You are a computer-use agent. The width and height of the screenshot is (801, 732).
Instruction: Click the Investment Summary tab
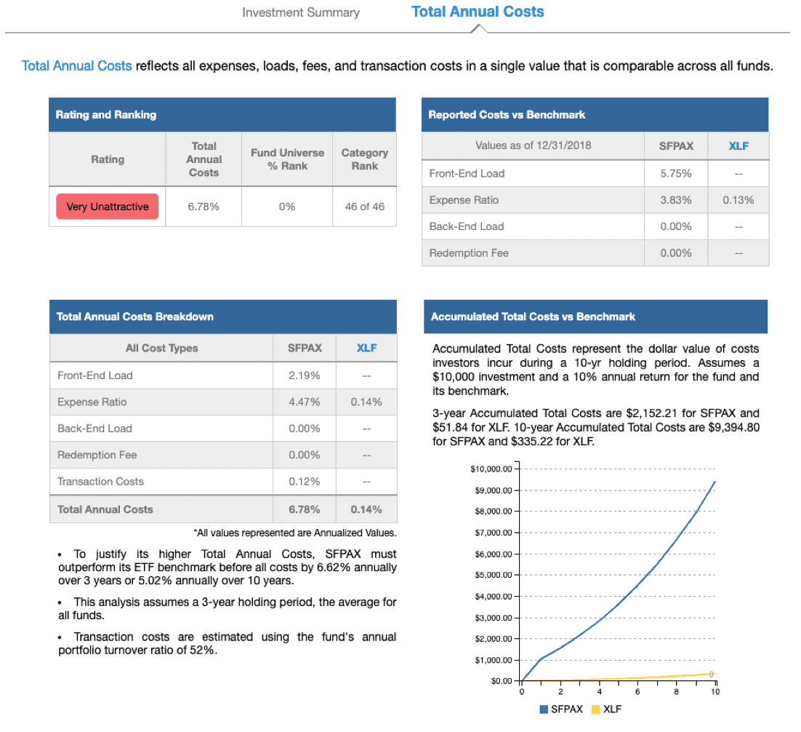pos(301,12)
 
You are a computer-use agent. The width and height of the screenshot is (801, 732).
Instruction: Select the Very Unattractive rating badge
pos(108,207)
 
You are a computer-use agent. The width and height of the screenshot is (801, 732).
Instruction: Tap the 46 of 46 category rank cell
pos(365,207)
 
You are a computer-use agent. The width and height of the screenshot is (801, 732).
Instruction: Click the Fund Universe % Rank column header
pos(287,159)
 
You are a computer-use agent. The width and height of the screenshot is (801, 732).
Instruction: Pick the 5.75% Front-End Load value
pos(676,173)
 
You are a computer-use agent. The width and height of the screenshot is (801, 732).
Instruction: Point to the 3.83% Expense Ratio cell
pos(676,200)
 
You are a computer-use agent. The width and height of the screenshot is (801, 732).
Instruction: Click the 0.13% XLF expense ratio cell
pos(738,200)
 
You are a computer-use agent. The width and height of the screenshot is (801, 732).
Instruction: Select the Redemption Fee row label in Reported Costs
pos(469,253)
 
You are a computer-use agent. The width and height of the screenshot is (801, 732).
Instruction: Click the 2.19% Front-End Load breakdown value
pos(305,375)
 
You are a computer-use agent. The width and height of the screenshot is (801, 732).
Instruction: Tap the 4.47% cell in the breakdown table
pos(305,402)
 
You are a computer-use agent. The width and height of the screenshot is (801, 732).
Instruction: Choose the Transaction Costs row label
pos(100,482)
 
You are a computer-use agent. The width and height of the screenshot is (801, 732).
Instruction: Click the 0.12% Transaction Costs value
pos(305,482)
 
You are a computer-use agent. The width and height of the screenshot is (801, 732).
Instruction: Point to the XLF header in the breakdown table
pos(367,348)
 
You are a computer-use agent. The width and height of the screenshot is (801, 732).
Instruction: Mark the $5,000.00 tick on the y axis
pos(516,575)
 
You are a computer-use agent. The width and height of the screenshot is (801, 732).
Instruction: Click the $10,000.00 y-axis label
pos(491,469)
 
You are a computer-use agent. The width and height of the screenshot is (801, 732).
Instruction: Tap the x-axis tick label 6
pos(637,691)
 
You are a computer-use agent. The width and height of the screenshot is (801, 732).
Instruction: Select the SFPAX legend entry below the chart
pos(561,709)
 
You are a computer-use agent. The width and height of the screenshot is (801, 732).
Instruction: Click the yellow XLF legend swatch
pos(595,709)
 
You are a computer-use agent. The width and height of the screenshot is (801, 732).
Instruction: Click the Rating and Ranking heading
pos(105,114)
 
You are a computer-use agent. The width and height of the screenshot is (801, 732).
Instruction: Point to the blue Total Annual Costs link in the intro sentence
pos(76,66)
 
